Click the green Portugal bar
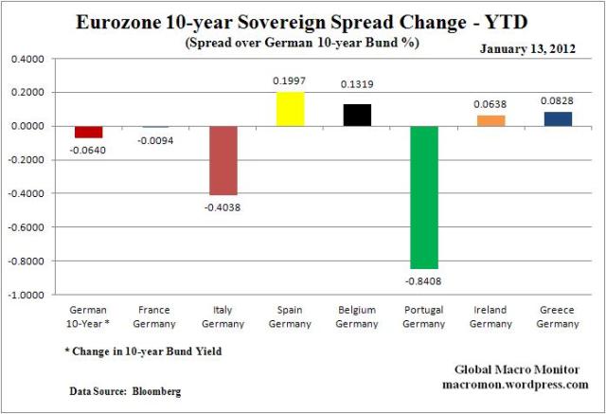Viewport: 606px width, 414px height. [424, 197]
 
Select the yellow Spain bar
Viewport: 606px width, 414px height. [290, 109]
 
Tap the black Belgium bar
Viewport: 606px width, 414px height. [357, 115]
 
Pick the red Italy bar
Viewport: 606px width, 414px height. [223, 160]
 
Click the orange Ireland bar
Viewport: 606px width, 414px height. [491, 120]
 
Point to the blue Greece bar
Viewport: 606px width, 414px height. [558, 118]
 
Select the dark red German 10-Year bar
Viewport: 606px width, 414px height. [88, 132]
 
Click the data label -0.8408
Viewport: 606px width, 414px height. [424, 280]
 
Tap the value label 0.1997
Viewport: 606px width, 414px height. [290, 82]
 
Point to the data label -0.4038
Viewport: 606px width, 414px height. [223, 207]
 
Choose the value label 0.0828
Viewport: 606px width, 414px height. [558, 99]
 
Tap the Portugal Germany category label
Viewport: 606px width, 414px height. [424, 316]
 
